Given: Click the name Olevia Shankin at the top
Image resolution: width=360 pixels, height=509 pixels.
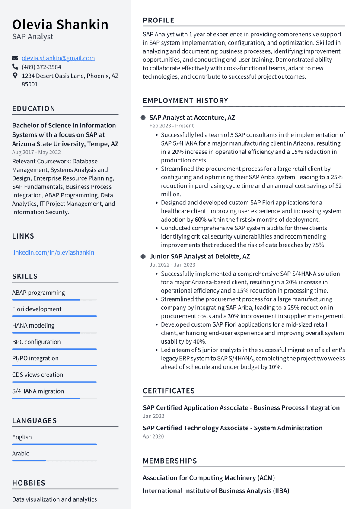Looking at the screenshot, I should [x=60, y=25].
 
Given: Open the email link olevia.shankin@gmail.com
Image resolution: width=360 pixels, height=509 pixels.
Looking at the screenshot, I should [x=58, y=58].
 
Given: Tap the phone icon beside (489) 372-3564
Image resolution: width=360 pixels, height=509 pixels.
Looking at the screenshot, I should [x=15, y=67].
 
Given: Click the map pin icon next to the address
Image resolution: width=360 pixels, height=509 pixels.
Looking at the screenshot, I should [x=15, y=76].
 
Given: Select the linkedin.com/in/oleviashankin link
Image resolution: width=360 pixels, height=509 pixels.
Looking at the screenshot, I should [x=53, y=252].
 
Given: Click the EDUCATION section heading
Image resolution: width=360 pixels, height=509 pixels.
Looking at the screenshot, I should [x=34, y=108].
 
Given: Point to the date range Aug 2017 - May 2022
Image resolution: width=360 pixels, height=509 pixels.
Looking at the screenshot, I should [x=36, y=152].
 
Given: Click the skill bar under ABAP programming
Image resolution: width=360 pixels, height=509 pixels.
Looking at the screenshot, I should [x=54, y=299].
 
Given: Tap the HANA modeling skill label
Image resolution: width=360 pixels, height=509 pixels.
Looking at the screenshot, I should [x=33, y=325].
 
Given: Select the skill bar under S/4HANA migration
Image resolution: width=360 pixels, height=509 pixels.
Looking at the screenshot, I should [x=54, y=398].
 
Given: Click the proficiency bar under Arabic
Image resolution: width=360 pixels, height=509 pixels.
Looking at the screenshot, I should [x=54, y=461].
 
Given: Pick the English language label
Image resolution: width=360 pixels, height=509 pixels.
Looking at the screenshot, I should [x=22, y=437].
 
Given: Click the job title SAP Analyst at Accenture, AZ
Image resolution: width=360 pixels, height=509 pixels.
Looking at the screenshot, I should [x=192, y=118].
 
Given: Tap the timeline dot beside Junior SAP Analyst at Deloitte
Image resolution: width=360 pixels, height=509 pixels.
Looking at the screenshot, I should [x=143, y=257].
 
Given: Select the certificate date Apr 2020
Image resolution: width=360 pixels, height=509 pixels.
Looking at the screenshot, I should [x=153, y=436].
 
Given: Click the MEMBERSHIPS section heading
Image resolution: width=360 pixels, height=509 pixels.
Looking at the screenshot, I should [x=170, y=461].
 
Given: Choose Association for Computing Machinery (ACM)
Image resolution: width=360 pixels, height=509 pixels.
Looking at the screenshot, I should [x=209, y=478].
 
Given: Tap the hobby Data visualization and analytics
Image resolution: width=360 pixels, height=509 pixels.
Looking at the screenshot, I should [x=54, y=499].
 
